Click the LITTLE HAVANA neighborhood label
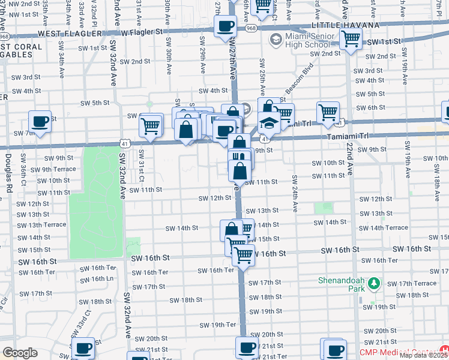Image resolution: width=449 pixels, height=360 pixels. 345,25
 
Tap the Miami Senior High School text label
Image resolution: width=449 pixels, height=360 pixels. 308,41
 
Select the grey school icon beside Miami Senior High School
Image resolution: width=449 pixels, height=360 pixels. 276,40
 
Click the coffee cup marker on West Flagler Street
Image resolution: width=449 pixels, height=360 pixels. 225,26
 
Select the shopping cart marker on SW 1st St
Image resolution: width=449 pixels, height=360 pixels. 350,39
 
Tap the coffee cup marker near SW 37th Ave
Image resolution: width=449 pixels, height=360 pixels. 40,122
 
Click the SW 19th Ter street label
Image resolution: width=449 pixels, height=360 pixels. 218,325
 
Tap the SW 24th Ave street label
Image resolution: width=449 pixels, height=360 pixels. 295,193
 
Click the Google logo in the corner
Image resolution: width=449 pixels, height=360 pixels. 20,353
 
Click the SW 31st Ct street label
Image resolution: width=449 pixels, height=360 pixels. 142,166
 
